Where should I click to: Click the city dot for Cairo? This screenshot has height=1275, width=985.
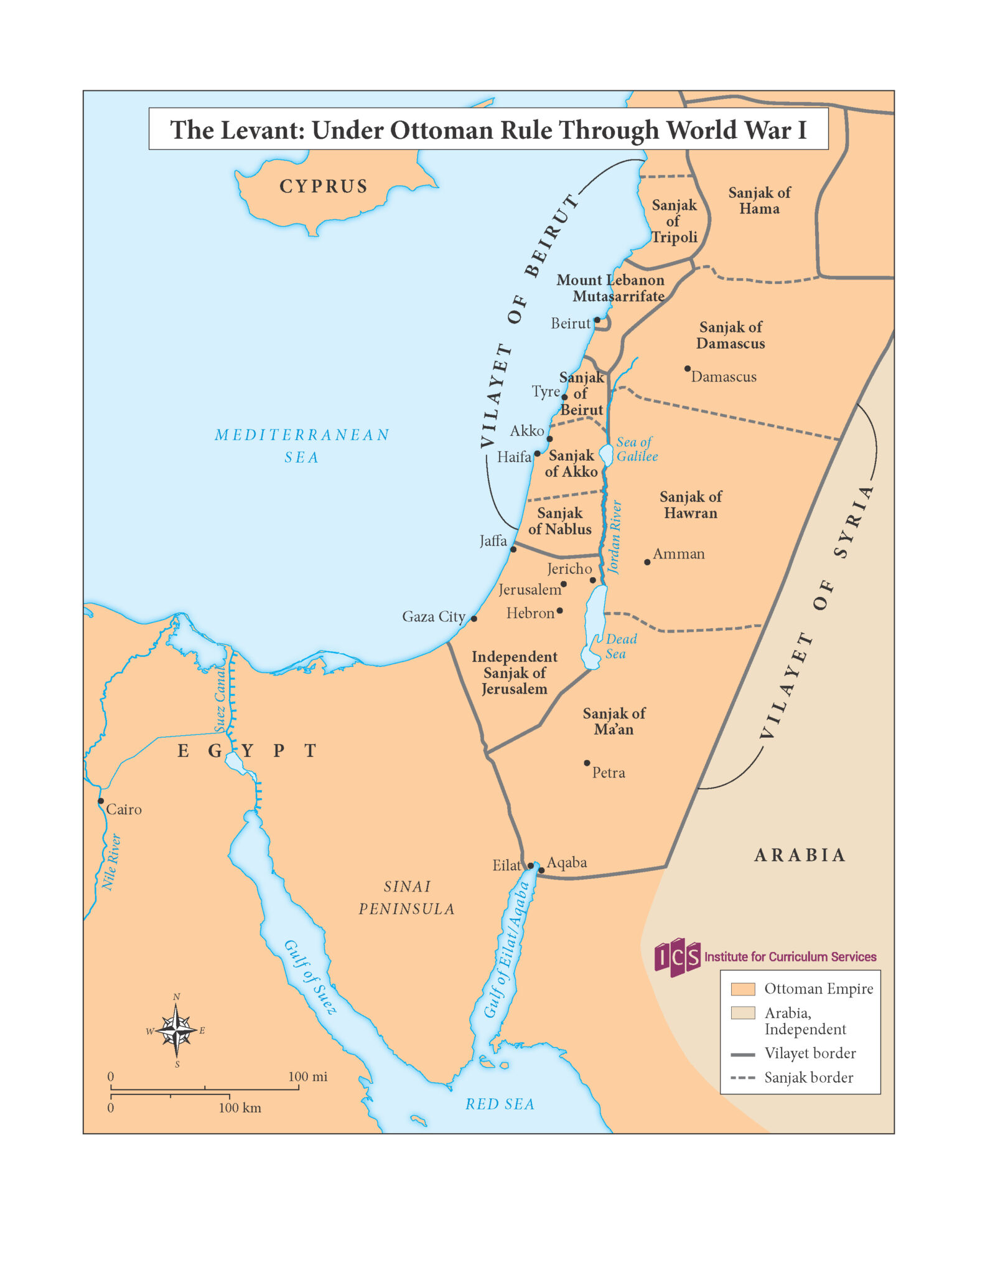click(101, 801)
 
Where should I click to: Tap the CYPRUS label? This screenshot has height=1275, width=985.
click(324, 186)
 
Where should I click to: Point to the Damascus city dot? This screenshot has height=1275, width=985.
click(688, 369)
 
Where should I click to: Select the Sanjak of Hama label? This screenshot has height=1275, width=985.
click(759, 200)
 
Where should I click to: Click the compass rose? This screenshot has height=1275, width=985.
click(177, 1030)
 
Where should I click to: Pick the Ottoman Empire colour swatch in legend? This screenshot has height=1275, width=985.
click(742, 989)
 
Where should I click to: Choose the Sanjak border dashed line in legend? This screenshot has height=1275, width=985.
click(742, 1078)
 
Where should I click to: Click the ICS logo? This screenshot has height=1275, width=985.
click(677, 957)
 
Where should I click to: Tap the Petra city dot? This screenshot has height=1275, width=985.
click(587, 763)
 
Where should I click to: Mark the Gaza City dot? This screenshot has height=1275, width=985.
click(474, 618)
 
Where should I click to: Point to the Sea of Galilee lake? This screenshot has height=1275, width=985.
click(607, 454)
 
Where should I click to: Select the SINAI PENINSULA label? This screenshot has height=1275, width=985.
click(407, 897)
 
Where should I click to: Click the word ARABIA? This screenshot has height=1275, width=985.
click(800, 855)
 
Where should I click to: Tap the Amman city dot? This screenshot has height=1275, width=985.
click(647, 562)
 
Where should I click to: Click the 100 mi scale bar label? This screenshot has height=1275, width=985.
click(307, 1076)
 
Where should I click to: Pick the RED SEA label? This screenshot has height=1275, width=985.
click(500, 1104)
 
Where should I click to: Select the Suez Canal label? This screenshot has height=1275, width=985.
click(220, 699)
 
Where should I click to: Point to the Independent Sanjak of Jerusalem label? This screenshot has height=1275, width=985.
click(515, 672)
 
